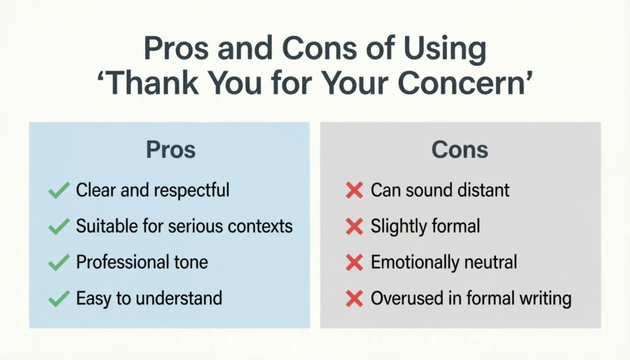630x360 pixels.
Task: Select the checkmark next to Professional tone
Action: click(x=58, y=263)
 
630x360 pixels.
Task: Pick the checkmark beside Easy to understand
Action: click(x=58, y=300)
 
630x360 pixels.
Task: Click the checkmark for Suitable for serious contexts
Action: click(x=58, y=226)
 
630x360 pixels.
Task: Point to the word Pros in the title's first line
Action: click(x=174, y=50)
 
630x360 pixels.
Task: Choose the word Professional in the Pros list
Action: click(x=117, y=263)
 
